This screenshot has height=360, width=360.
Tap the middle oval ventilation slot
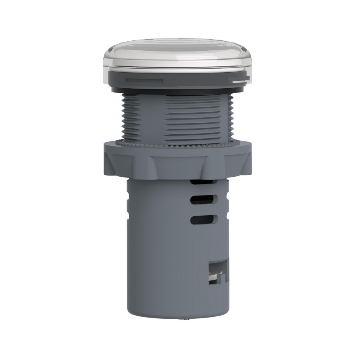tap(203, 200)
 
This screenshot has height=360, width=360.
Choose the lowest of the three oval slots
tap(203, 220)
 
